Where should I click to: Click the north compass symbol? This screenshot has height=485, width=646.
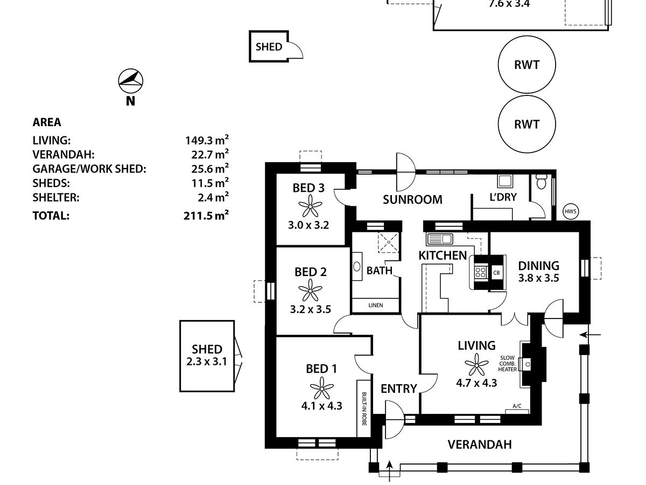tap(130, 81)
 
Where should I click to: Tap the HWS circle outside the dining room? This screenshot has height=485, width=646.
tap(571, 212)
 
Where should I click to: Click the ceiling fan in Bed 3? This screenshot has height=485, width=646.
tap(309, 205)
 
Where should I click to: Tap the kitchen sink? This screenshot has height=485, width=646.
tap(441, 239)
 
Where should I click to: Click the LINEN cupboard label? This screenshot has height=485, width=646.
tap(376, 306)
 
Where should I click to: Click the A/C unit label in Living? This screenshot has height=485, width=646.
tap(517, 406)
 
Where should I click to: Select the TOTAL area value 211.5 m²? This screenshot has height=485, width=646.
tap(206, 216)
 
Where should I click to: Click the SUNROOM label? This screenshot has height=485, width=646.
tap(412, 199)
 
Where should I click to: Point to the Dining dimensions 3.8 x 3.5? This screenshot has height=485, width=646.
tap(538, 279)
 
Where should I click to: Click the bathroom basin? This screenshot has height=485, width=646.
tap(357, 267)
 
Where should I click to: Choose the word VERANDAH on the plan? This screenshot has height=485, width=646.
tap(479, 445)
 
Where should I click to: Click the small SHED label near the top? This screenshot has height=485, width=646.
tap(269, 47)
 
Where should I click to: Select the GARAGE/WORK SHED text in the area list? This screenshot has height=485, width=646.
tap(89, 169)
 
